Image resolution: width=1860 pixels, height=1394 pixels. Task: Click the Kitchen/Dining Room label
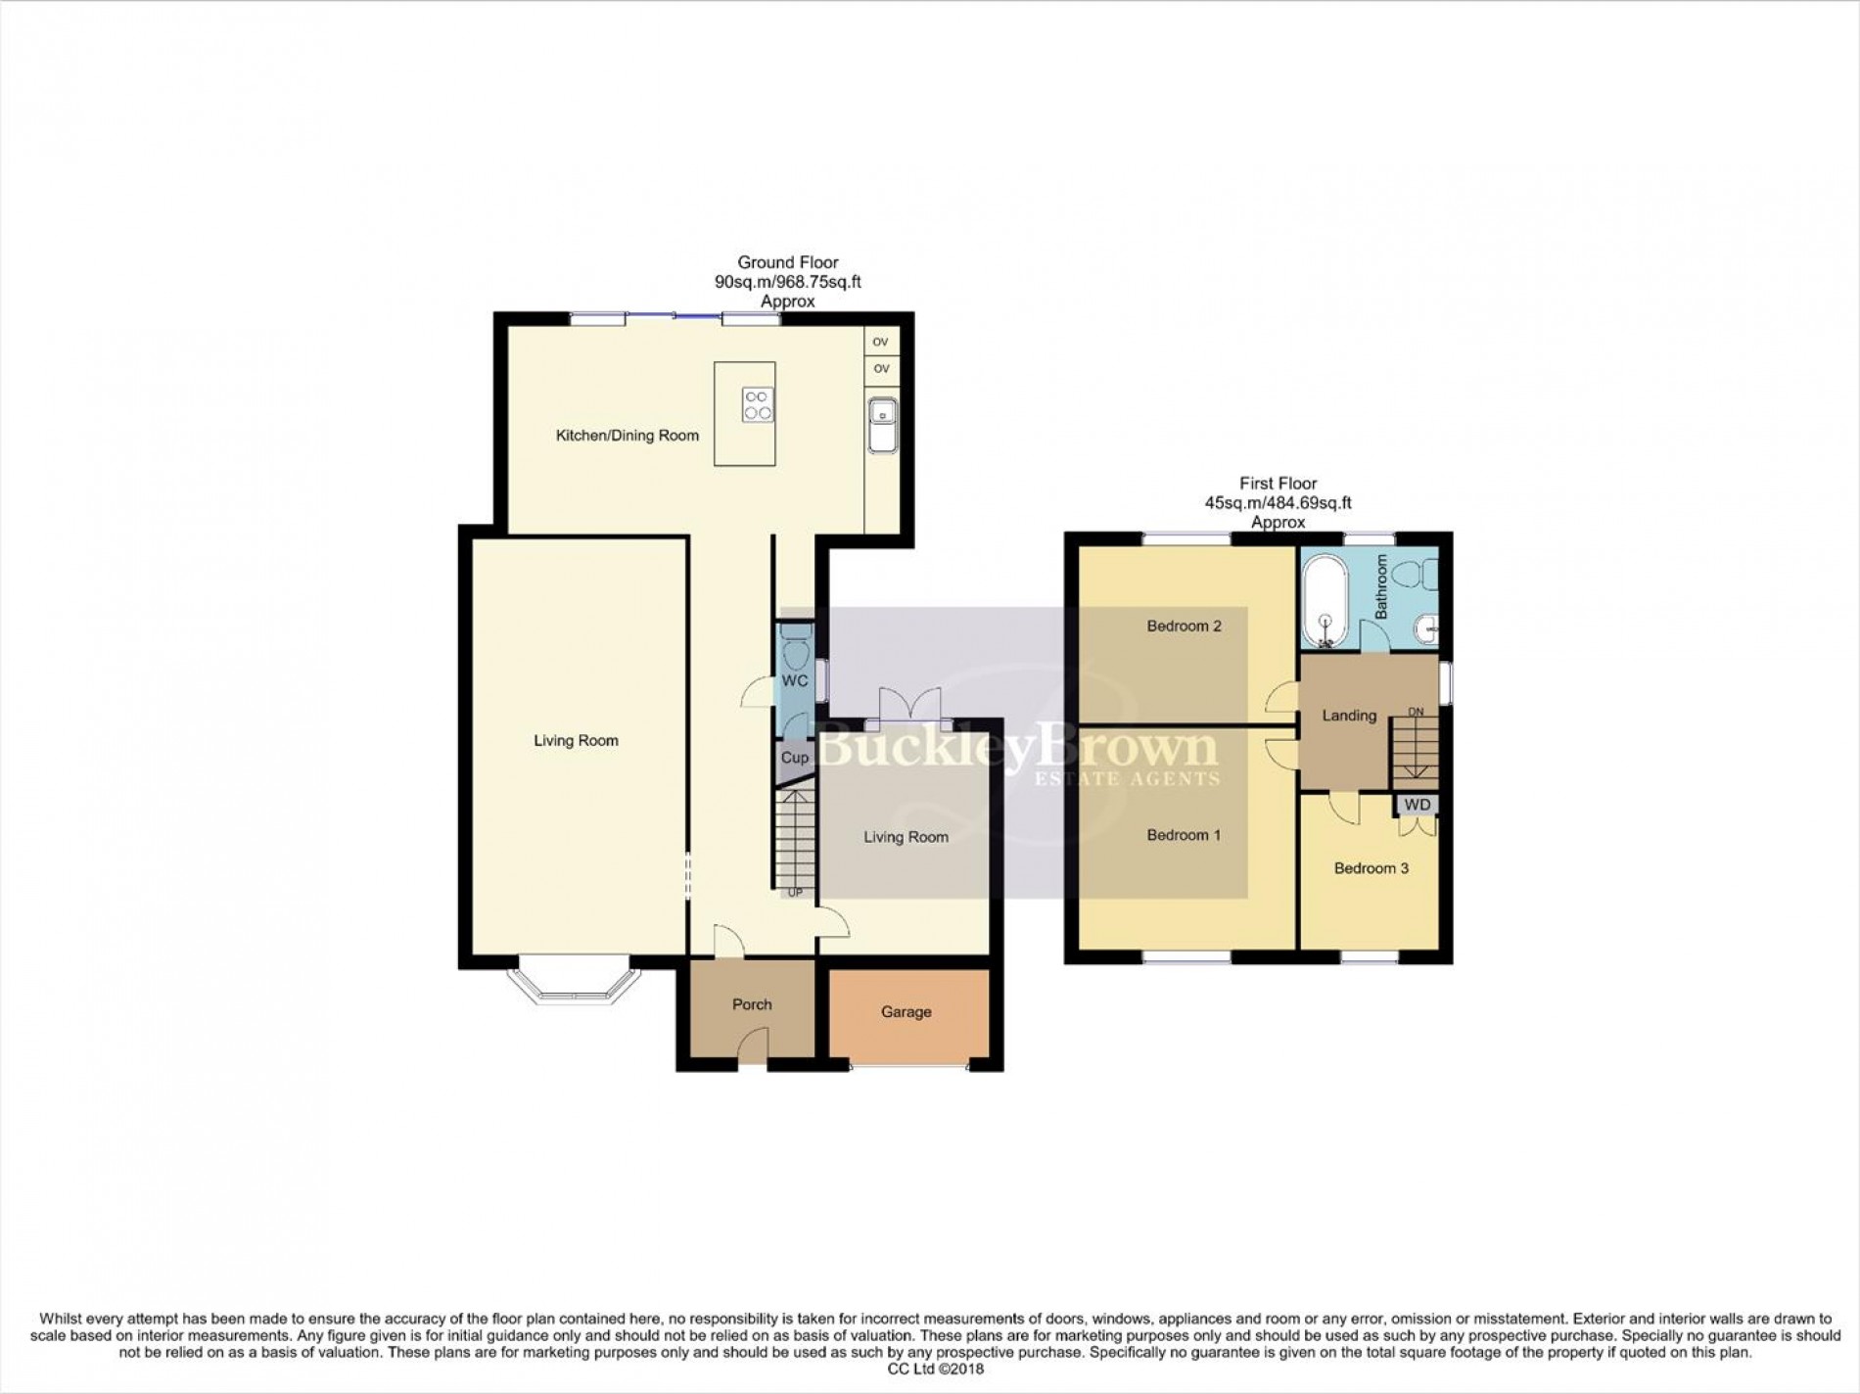[627, 436]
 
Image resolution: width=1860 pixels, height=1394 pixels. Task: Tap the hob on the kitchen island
[758, 404]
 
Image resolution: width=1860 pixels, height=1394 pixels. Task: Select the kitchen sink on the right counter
[882, 425]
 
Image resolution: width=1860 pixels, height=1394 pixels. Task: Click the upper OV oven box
[881, 342]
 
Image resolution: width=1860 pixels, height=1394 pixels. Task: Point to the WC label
[794, 680]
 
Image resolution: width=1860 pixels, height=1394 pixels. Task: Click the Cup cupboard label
[794, 758]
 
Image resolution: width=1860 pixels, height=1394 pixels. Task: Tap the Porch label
[752, 1004]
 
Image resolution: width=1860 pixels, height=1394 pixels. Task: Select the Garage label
[906, 1011]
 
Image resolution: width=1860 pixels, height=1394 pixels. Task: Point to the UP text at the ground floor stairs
[795, 893]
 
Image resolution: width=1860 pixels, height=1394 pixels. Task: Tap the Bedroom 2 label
[1184, 626]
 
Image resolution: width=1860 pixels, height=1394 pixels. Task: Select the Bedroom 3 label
[1371, 868]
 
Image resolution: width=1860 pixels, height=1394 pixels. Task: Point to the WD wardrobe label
[1417, 805]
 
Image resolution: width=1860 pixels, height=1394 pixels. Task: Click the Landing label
[1349, 716]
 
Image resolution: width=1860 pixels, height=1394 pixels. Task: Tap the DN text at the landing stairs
[1416, 712]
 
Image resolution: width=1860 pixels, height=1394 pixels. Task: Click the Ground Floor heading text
[787, 262]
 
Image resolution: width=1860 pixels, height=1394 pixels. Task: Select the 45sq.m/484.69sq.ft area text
[1278, 503]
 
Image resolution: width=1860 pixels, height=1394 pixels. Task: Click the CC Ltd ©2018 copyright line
[928, 1369]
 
